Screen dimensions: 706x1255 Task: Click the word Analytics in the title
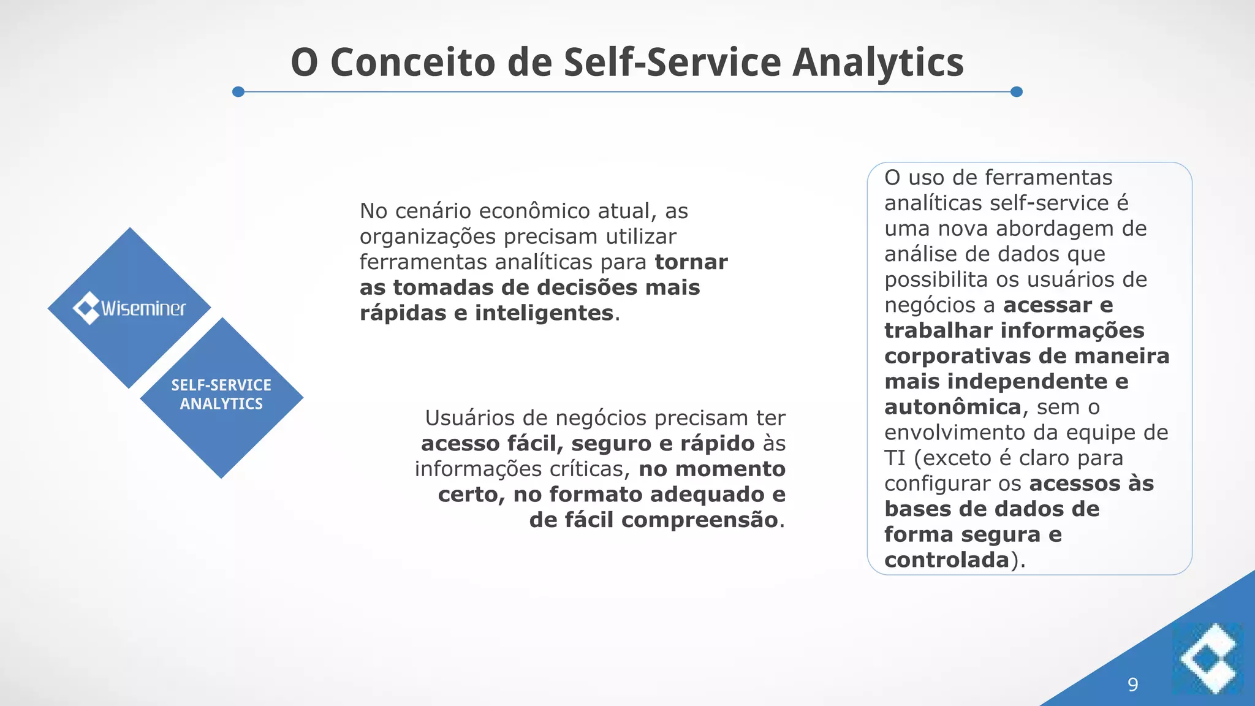click(878, 63)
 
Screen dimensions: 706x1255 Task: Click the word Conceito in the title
click(412, 63)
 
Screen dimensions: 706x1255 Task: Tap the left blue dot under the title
click(238, 92)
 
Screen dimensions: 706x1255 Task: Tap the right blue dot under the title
click(1016, 92)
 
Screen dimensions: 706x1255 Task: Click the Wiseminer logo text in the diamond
click(143, 308)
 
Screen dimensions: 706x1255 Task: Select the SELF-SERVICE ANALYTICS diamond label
click(221, 395)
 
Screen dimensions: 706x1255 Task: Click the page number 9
click(1132, 685)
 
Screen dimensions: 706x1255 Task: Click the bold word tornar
click(691, 262)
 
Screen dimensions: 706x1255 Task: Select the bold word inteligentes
click(544, 313)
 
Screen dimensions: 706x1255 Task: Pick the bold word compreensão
click(699, 520)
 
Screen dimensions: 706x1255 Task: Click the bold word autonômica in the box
click(952, 408)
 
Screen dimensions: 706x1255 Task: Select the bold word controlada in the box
click(946, 560)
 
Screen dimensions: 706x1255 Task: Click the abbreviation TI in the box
click(894, 458)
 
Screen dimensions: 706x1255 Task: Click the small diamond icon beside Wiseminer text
click(86, 308)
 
